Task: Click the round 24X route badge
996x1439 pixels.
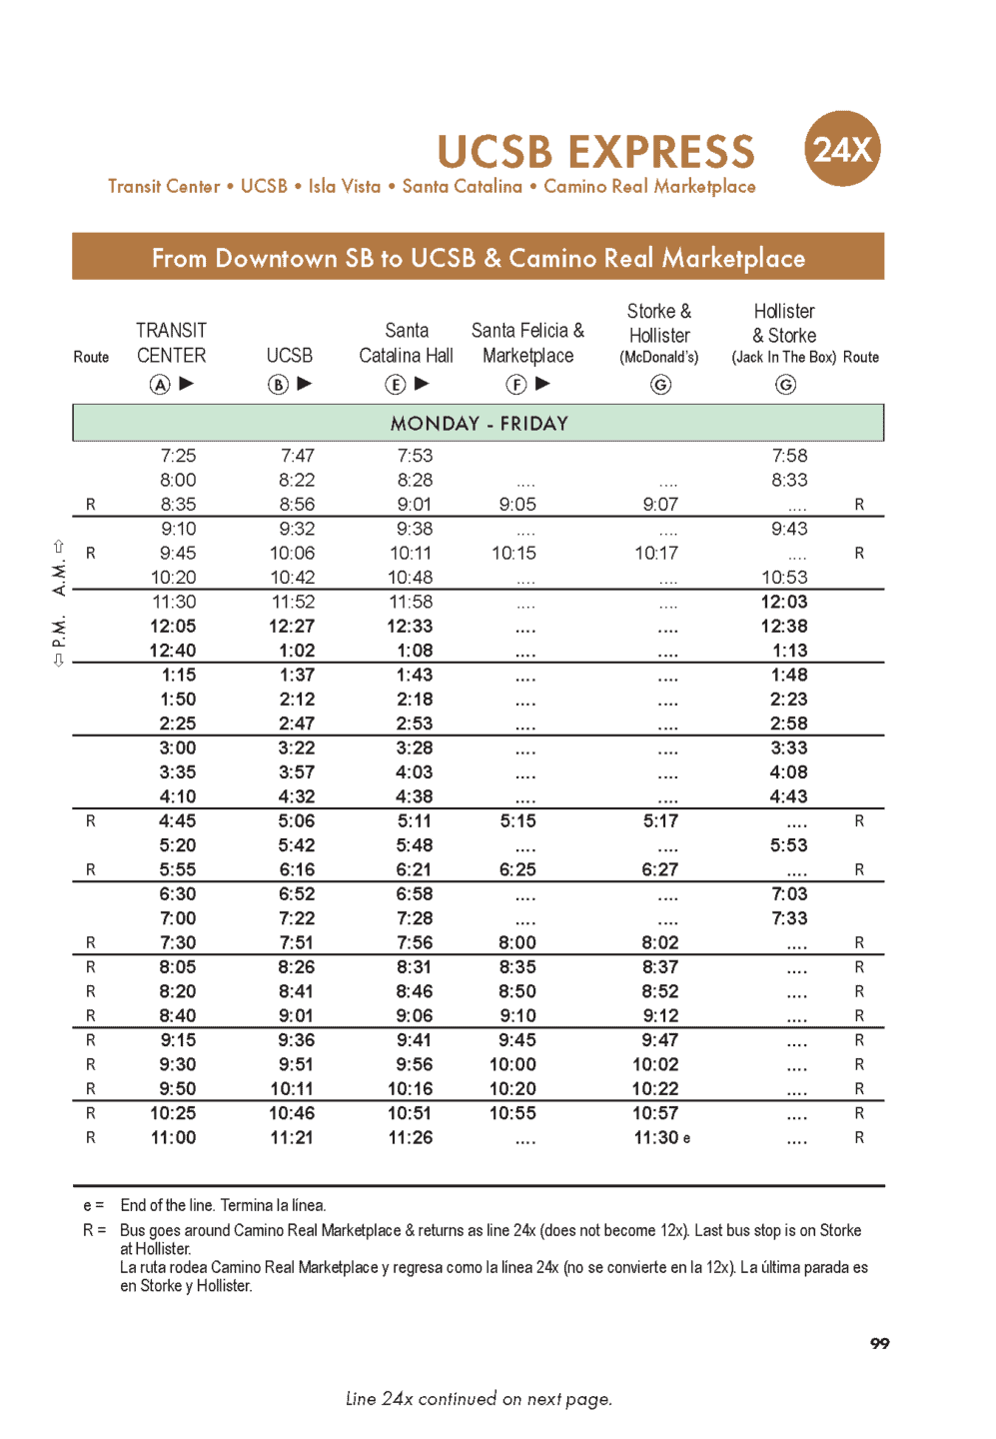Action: (x=841, y=149)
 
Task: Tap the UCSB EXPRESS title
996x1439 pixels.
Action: (x=595, y=152)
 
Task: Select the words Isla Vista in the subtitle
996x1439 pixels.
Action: (x=345, y=187)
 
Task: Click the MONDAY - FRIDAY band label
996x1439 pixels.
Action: (x=479, y=424)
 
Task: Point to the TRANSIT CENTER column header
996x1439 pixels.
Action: (x=171, y=343)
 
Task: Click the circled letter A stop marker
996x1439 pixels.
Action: (x=160, y=385)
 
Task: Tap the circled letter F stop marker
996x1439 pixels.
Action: (x=515, y=385)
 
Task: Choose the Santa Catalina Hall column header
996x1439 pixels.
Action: (x=406, y=343)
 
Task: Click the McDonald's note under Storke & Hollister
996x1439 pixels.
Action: (x=658, y=358)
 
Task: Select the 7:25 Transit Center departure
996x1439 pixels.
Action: (x=178, y=456)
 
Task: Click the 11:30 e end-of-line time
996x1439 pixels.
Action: (x=661, y=1138)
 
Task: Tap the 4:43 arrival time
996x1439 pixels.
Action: (x=788, y=796)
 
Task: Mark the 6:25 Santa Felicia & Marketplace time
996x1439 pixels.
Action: (x=517, y=869)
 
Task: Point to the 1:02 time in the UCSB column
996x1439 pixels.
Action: (x=297, y=651)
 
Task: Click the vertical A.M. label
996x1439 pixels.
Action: (x=59, y=577)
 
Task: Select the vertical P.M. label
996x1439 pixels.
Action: (x=59, y=632)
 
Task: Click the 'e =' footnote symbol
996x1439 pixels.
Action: (x=94, y=1205)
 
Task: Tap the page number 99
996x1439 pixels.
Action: (x=879, y=1343)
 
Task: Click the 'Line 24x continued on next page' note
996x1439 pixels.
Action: (x=479, y=1399)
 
